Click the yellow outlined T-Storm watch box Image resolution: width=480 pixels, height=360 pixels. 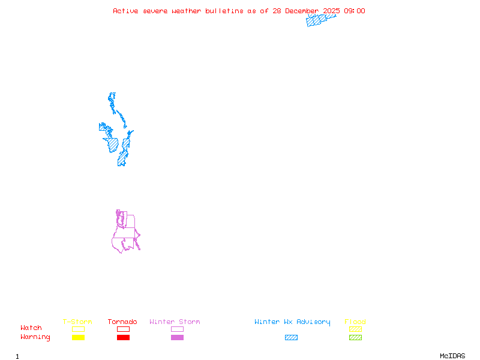click(78, 329)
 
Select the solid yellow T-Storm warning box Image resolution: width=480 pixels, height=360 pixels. click(78, 338)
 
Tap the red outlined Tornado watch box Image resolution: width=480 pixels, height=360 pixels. click(123, 329)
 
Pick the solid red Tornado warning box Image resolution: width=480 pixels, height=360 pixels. click(123, 338)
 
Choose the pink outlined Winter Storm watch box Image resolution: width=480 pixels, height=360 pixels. click(177, 329)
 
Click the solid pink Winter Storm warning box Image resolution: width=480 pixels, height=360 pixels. click(177, 338)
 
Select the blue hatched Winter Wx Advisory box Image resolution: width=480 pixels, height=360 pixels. click(291, 338)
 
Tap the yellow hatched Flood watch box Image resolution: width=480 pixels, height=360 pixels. click(355, 329)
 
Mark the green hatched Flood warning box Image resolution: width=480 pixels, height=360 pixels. click(355, 338)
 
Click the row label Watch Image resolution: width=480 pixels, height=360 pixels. click(31, 328)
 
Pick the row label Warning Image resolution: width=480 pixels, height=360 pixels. click(35, 337)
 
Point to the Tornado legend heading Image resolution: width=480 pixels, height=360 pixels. click(122, 322)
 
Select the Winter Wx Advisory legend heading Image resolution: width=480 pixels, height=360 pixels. click(292, 322)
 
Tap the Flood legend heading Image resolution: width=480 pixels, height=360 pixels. click(355, 322)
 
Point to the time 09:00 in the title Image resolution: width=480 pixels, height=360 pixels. click(354, 11)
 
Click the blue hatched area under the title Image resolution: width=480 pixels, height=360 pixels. click(318, 20)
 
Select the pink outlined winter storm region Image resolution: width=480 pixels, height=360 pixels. click(126, 234)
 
